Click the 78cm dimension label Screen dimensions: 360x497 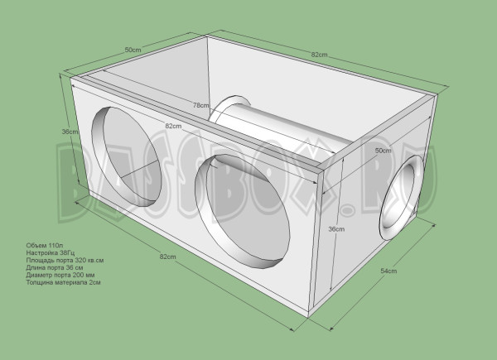(200, 105)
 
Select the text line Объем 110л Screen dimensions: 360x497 (44, 247)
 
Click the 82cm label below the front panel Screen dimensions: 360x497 (168, 257)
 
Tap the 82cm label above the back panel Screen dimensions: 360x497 (320, 55)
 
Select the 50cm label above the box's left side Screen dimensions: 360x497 (132, 50)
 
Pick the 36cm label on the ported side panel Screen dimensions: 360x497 (336, 229)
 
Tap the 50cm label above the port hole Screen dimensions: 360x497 (383, 151)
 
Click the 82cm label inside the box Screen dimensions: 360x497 (173, 126)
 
